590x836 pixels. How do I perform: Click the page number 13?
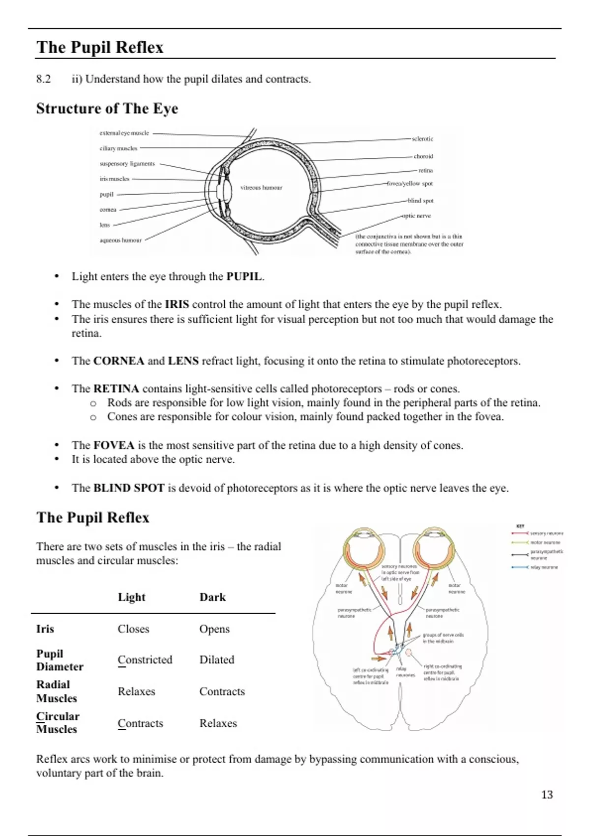coord(547,795)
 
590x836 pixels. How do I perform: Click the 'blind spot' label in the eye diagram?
coord(420,201)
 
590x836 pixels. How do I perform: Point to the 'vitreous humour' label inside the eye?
coord(261,187)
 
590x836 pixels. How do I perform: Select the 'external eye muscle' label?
coord(124,133)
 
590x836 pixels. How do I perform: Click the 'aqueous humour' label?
coord(120,240)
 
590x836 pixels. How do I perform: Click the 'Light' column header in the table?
coord(131,597)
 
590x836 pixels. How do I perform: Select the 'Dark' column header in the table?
coord(212,597)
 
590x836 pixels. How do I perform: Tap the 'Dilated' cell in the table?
coord(217,659)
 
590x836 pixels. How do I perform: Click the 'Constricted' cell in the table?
coord(145,659)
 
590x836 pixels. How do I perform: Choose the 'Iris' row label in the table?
coord(45,629)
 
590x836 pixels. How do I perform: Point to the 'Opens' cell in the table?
coord(214,629)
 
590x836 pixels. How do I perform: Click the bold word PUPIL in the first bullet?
coord(244,276)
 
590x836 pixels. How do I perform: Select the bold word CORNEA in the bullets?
coord(118,361)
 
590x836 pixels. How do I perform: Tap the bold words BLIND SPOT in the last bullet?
coord(129,488)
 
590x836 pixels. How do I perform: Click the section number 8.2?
coord(43,79)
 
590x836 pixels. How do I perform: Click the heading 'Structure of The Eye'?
coord(107,109)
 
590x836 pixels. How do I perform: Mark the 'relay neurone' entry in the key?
coord(544,567)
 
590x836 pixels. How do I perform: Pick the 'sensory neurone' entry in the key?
coord(546,533)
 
